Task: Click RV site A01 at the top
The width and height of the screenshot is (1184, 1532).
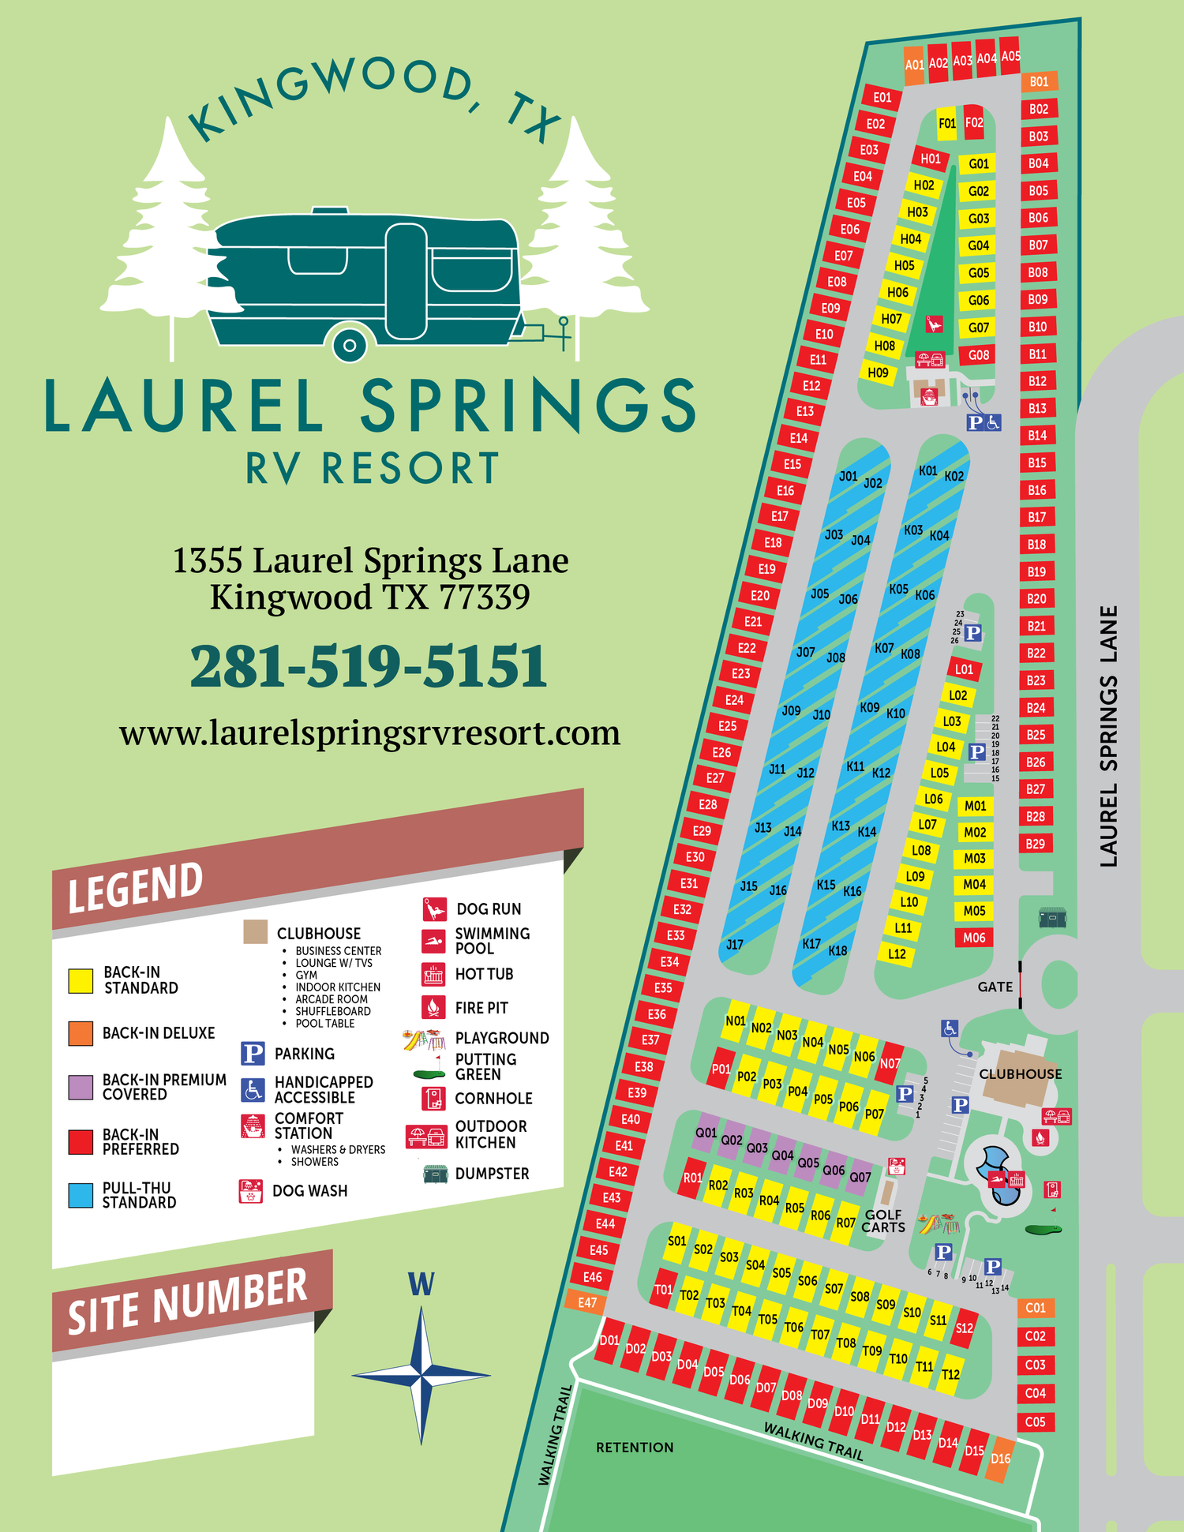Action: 914,66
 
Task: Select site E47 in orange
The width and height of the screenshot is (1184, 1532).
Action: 587,1302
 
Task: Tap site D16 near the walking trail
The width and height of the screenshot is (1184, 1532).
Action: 1000,1459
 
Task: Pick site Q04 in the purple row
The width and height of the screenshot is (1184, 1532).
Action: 782,1156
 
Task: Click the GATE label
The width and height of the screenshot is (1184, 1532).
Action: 995,987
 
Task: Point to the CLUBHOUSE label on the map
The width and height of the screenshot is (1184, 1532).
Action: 1020,1074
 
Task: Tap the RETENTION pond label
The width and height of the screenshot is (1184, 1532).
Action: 635,1447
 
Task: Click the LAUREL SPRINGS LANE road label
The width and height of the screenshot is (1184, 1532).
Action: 1109,736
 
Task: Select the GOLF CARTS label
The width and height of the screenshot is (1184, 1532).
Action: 882,1221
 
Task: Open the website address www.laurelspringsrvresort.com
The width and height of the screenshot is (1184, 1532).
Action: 369,733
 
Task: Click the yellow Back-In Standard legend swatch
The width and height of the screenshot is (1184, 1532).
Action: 81,980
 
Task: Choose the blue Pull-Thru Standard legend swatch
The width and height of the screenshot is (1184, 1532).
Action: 81,1195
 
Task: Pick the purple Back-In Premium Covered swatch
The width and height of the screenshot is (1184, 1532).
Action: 81,1087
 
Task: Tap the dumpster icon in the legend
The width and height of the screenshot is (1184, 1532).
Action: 435,1174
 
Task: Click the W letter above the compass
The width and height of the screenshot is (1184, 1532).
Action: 421,1284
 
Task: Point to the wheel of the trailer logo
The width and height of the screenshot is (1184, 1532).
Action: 349,345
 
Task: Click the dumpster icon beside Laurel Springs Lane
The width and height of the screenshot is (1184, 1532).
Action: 1052,918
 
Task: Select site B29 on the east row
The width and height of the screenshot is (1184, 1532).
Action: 1035,844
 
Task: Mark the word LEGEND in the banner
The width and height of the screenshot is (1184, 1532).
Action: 136,887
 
